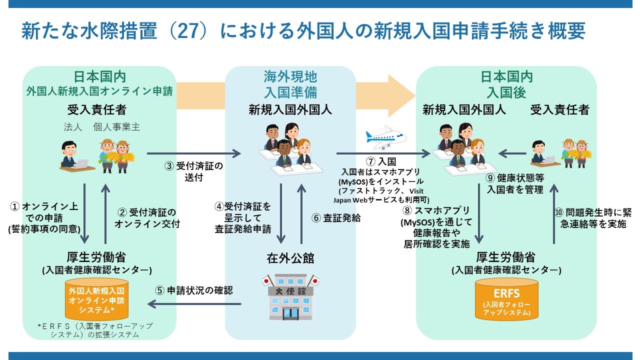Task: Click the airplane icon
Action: coord(386,136)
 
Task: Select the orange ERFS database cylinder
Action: coord(506,299)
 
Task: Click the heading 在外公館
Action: coord(290,258)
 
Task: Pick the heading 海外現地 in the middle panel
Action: coord(290,76)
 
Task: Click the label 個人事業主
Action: coord(116,127)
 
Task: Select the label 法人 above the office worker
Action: coord(72,127)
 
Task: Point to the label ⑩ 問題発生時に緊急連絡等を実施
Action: coord(593,218)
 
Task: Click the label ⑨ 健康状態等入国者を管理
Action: coord(515,183)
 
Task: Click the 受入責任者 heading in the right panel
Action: coord(559,109)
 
